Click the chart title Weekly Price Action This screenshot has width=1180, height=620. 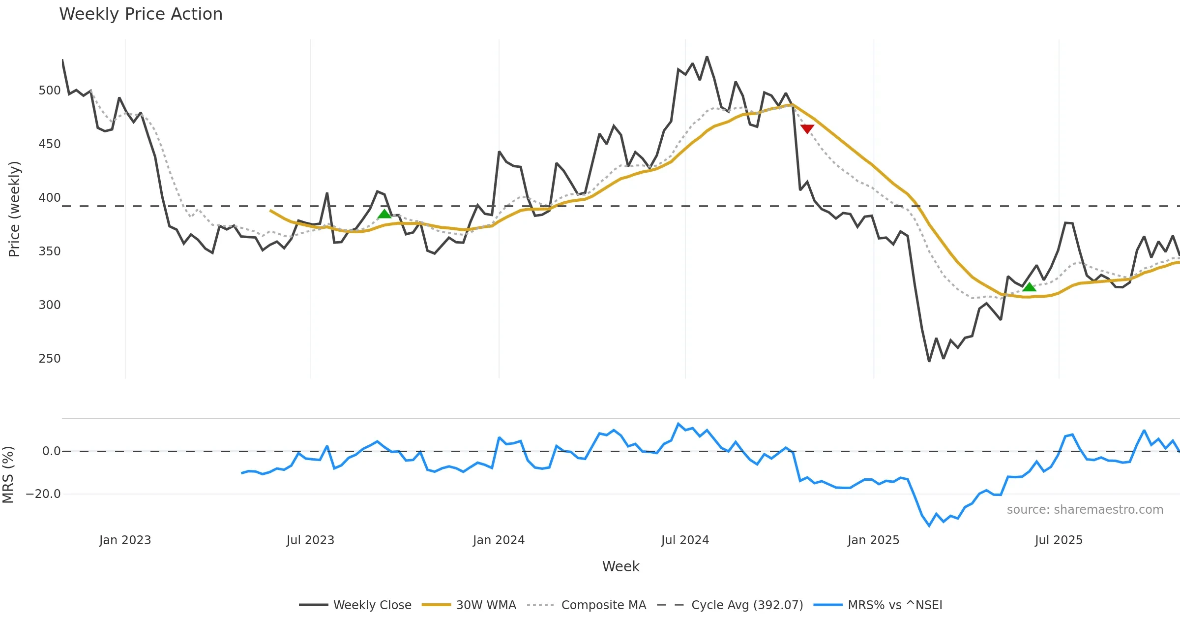coord(141,14)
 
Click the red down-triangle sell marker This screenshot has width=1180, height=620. coord(807,129)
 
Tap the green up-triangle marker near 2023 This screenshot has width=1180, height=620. coord(384,214)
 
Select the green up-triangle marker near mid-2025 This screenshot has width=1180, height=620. coord(1029,287)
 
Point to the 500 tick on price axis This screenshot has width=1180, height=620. coord(49,91)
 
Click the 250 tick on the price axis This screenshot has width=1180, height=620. coord(49,359)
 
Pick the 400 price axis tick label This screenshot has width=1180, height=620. coord(49,198)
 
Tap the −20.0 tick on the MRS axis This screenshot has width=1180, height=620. coord(43,494)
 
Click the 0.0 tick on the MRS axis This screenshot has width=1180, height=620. coord(51,451)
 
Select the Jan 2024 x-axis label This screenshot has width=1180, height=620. coord(499,540)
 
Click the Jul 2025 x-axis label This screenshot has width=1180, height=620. coord(1059,540)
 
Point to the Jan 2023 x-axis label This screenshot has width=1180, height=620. coord(125,540)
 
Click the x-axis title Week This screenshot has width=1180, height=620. coord(620,567)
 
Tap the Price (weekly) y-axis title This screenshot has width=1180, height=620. coord(15,209)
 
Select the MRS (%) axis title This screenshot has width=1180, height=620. coord(8,475)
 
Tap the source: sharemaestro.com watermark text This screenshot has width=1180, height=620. coord(1085,510)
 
